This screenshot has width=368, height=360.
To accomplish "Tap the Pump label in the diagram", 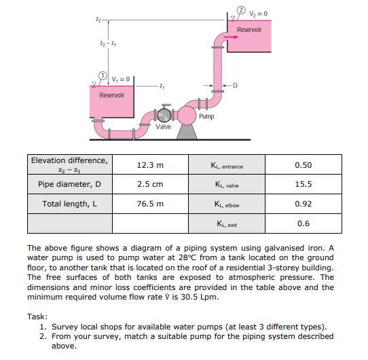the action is pyautogui.click(x=207, y=116).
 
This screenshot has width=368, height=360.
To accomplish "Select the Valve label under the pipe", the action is pyautogui.click(x=163, y=127).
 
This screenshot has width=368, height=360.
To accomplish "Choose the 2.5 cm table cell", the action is pyautogui.click(x=150, y=184).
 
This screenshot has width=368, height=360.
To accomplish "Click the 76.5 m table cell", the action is pyautogui.click(x=150, y=204).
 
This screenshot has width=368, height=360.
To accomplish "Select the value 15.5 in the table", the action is pyautogui.click(x=303, y=184).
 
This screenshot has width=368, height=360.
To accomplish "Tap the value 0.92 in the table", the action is pyautogui.click(x=303, y=204).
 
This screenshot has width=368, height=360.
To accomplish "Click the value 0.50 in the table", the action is pyautogui.click(x=303, y=165).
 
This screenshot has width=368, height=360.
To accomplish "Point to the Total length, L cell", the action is pyautogui.click(x=70, y=204).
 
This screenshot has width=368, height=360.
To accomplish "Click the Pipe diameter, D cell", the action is pyautogui.click(x=70, y=184).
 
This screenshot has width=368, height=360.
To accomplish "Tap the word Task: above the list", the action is pyautogui.click(x=37, y=317).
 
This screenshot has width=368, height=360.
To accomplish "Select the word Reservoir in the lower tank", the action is pyautogui.click(x=112, y=95).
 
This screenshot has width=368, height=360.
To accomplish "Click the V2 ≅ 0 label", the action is pyautogui.click(x=261, y=13).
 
